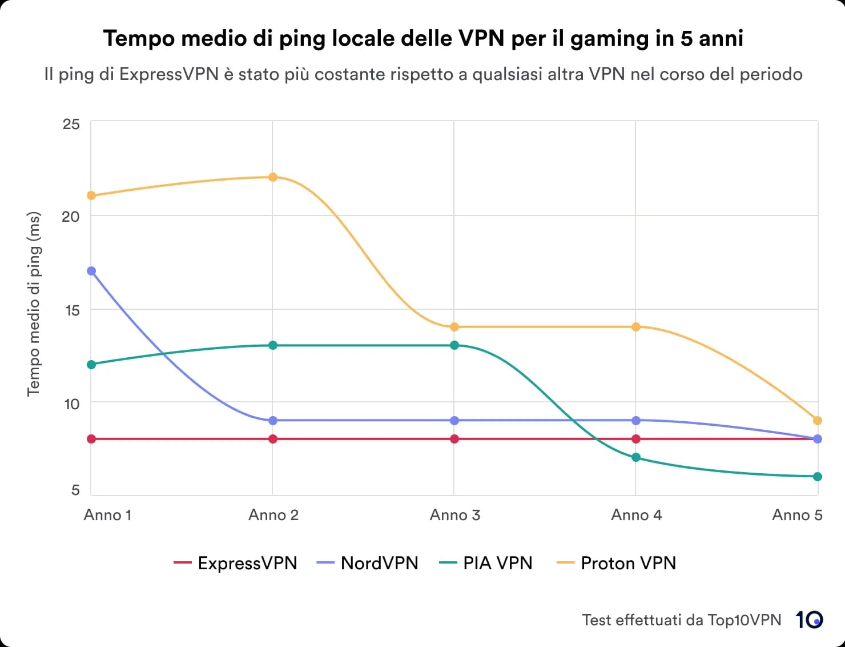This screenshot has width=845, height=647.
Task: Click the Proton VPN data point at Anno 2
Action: pos(273,177)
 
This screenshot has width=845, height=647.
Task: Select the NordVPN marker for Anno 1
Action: pos(91,271)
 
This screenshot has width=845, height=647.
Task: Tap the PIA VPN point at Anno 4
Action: pos(635,457)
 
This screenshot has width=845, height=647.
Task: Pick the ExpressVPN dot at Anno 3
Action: pos(454,439)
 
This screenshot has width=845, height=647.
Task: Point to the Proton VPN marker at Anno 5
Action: pos(817,421)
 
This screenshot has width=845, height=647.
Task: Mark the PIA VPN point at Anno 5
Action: pos(817,477)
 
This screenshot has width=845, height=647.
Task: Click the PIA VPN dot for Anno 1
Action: pos(91,365)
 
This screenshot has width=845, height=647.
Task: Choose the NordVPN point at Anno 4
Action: pos(635,421)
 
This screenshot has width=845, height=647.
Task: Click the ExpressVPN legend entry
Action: pos(235,563)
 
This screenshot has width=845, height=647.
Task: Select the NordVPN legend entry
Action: pos(367,563)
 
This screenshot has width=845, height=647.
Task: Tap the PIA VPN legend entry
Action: pos(485,563)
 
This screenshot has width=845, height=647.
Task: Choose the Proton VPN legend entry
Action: pos(615,563)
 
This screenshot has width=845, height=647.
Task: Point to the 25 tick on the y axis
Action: pos(71,124)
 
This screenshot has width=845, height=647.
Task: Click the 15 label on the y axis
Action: pos(71,310)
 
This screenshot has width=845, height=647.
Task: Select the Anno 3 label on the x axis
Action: pos(454,515)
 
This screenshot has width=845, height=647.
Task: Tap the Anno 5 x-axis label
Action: pos(797,515)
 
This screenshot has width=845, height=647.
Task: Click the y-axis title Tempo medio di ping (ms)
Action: pos(34,304)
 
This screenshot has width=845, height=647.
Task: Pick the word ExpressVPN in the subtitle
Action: pos(168,74)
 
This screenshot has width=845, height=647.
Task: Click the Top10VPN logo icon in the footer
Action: pos(810,620)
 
